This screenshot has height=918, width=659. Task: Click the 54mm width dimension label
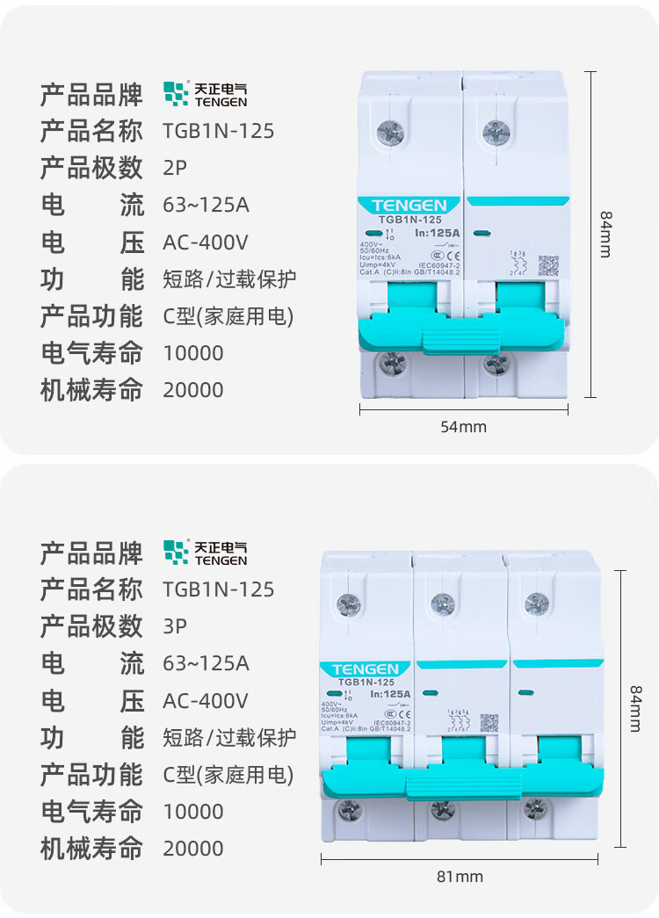[462, 427]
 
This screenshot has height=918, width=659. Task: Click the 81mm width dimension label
[460, 876]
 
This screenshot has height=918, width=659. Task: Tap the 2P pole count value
[175, 168]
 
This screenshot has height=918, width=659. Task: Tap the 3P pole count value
[175, 626]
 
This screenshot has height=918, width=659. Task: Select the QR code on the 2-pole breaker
[547, 265]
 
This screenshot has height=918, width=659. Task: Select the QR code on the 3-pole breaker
[489, 722]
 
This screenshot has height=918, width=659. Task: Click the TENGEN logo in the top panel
[205, 94]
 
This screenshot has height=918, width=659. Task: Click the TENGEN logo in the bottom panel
[205, 553]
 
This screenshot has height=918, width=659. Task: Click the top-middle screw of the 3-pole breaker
[442, 604]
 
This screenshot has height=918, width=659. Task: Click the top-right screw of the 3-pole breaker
[536, 604]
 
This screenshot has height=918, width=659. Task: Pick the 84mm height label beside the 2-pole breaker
[605, 234]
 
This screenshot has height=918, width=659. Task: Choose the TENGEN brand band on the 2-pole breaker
[409, 205]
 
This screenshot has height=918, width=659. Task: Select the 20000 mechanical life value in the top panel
[193, 389]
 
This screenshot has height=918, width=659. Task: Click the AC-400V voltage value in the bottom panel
[206, 700]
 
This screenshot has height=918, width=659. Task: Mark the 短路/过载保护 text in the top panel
[229, 279]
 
